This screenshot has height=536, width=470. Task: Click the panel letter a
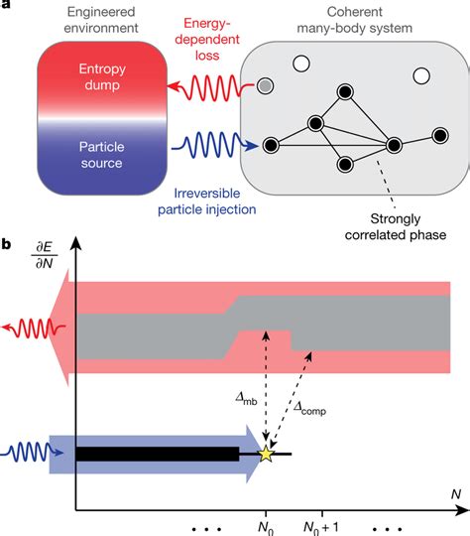(x=7, y=7)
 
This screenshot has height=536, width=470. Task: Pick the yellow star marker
(x=265, y=455)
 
